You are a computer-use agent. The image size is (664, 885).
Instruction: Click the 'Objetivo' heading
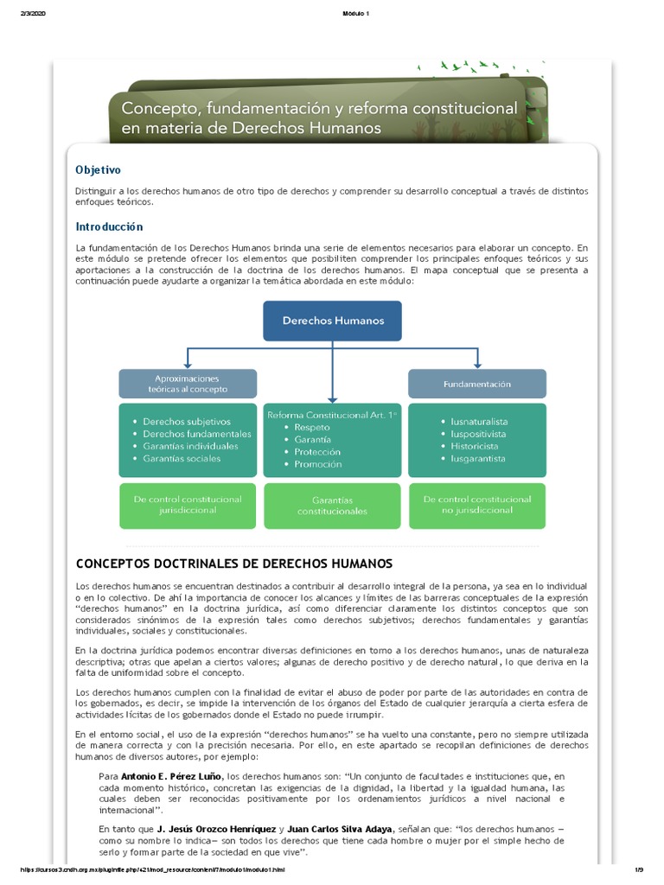pyautogui.click(x=98, y=170)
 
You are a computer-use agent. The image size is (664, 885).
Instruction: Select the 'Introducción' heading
pyautogui.click(x=108, y=226)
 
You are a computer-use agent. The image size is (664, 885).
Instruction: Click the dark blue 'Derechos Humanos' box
pyautogui.click(x=333, y=321)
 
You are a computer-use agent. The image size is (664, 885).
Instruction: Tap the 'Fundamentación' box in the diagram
pyautogui.click(x=476, y=384)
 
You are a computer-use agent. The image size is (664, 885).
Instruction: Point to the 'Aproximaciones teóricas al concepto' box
pyautogui.click(x=188, y=384)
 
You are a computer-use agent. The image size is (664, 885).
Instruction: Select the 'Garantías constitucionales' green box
pyautogui.click(x=332, y=506)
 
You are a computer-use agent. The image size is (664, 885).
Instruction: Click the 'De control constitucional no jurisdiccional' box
pyautogui.click(x=476, y=505)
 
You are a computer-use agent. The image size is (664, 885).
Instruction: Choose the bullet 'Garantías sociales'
pyautogui.click(x=182, y=458)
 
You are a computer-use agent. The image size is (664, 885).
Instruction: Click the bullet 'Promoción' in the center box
pyautogui.click(x=317, y=464)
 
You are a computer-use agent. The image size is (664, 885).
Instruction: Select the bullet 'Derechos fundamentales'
pyautogui.click(x=197, y=434)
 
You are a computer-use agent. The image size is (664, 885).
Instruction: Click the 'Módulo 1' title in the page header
pyautogui.click(x=332, y=10)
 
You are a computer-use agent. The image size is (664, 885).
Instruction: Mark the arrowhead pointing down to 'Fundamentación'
pyautogui.click(x=476, y=364)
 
